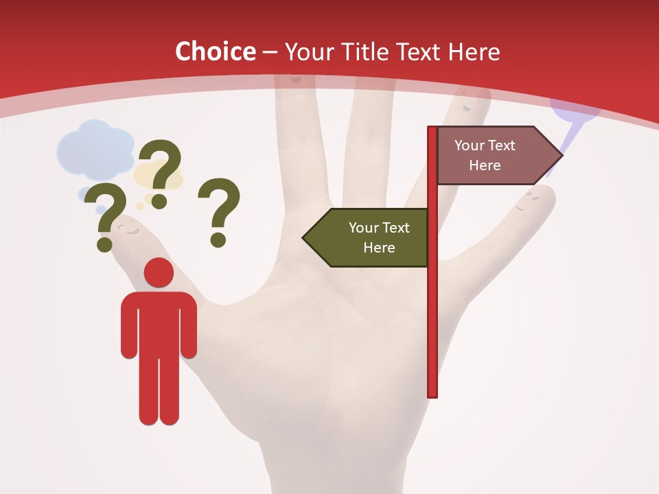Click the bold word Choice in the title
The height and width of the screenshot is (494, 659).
[215, 51]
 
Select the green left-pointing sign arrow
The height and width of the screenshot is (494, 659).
[367, 237]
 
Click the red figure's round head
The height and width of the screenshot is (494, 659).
[159, 272]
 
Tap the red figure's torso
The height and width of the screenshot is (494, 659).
[159, 322]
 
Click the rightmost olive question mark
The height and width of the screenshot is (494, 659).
[219, 211]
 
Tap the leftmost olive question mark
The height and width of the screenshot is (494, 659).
[104, 216]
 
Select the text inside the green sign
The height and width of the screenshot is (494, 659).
[378, 237]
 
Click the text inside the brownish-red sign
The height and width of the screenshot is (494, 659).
[485, 155]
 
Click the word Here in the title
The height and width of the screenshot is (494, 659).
[474, 51]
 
